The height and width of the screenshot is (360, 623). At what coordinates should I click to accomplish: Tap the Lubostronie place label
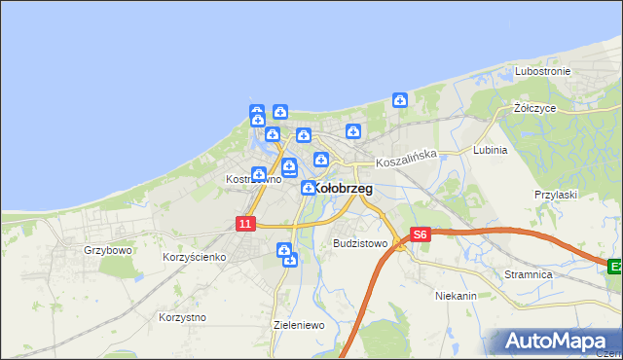tap(542, 72)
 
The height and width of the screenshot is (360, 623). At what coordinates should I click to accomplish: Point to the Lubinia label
tap(490, 151)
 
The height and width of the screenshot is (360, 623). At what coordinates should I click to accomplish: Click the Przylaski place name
tap(556, 195)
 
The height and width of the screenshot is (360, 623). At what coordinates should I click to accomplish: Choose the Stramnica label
tap(529, 275)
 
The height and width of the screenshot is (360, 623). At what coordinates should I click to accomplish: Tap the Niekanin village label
tap(456, 295)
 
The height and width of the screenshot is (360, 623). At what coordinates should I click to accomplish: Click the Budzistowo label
tap(360, 243)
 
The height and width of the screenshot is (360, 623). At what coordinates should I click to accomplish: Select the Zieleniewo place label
tap(299, 325)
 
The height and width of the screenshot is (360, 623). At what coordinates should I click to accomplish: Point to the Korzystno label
tap(182, 317)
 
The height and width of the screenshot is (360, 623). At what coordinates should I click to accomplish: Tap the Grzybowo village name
tap(107, 249)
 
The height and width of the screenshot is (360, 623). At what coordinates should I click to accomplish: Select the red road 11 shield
tap(244, 224)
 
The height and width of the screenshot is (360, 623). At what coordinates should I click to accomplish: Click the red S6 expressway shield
tap(420, 234)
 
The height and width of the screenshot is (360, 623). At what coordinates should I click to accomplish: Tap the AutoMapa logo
tap(557, 342)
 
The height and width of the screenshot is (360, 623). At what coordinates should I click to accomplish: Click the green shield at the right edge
tap(615, 266)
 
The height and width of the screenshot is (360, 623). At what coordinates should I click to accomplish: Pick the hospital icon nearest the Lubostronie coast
tap(399, 99)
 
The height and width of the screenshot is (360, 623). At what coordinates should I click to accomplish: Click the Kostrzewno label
tap(253, 179)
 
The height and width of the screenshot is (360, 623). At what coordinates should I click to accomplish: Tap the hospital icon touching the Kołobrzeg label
tap(309, 188)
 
